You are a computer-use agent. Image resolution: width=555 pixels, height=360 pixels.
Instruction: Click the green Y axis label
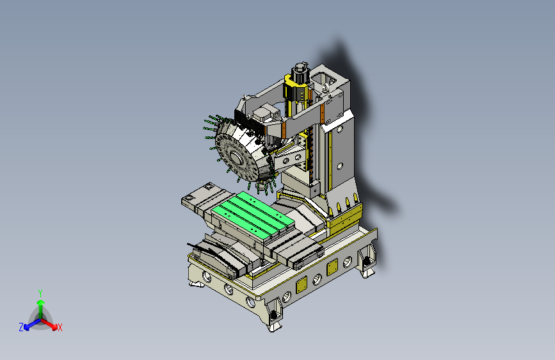(40, 293)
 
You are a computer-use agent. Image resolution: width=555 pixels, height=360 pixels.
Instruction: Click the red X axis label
(60, 327)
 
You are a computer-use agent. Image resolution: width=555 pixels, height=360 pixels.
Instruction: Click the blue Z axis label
(21, 327)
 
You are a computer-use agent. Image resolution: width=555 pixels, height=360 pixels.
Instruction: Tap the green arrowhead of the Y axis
(41, 303)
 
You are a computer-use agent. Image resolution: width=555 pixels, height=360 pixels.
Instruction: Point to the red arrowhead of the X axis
(54, 327)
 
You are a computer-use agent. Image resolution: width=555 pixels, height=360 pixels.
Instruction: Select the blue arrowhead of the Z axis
(27, 327)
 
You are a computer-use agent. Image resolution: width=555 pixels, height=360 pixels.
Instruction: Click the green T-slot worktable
(253, 214)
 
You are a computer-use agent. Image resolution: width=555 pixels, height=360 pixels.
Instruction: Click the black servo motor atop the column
(300, 74)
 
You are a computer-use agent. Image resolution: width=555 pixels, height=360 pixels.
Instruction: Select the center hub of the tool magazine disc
(236, 158)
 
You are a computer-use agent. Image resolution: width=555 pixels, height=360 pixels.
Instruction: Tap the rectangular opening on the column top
(323, 78)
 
